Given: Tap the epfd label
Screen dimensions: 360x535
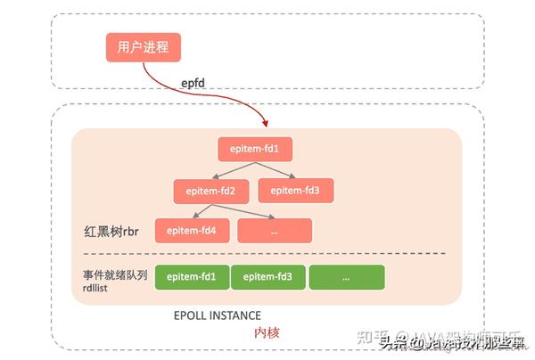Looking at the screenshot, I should tap(195, 85).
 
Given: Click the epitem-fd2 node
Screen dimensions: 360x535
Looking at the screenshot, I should tap(210, 190).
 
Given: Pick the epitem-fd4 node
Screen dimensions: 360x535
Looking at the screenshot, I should tap(190, 230).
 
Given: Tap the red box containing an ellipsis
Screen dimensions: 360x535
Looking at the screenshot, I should tap(275, 230).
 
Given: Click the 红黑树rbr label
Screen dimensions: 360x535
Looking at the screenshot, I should tap(106, 231).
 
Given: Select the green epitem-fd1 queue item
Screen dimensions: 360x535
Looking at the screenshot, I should tap(192, 277).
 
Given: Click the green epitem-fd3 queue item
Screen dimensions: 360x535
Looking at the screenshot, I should tap(268, 277).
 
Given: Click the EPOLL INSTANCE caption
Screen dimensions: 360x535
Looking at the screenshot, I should tap(218, 315).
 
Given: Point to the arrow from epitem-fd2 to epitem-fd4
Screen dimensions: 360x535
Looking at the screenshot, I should tap(202, 210).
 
